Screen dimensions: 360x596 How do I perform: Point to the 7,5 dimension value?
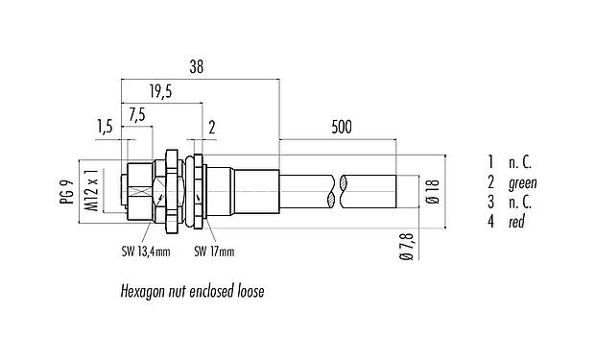(136, 114)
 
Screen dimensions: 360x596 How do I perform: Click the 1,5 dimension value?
(105, 125)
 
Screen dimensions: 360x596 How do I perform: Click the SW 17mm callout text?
(214, 253)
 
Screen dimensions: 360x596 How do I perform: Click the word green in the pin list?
(523, 182)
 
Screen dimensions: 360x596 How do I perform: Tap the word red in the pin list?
(517, 222)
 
